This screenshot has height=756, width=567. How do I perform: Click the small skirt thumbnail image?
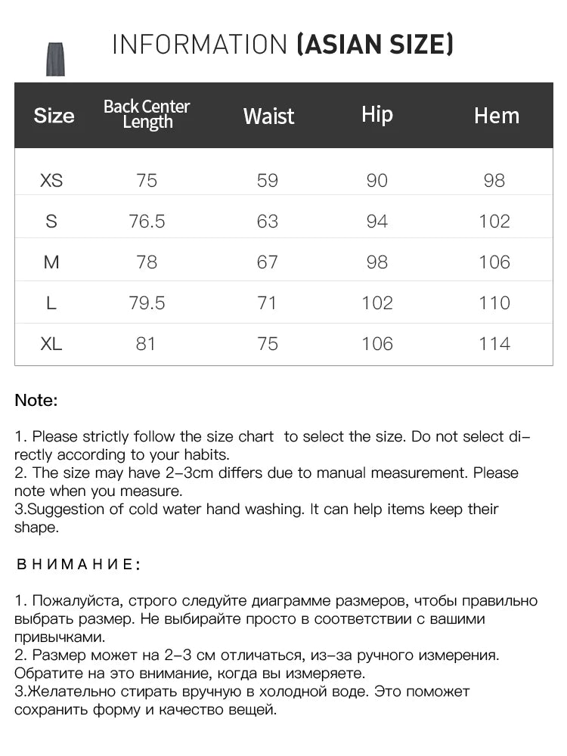(55, 59)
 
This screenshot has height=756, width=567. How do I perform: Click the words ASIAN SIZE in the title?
(375, 45)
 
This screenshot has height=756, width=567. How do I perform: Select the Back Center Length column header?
(147, 114)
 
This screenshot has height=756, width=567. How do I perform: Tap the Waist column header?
(268, 116)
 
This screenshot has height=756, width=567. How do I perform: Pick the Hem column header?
(497, 116)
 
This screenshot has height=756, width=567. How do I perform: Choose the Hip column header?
(376, 114)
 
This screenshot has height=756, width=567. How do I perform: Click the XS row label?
(51, 181)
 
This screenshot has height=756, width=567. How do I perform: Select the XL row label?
(51, 344)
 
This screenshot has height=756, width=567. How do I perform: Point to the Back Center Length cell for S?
(147, 222)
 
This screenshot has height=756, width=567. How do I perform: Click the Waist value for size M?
(268, 262)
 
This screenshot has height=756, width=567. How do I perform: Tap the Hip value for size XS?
(376, 181)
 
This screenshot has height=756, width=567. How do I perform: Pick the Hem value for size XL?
(494, 344)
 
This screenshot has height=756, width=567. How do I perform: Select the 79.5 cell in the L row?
(147, 303)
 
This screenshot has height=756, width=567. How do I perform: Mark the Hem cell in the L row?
(494, 303)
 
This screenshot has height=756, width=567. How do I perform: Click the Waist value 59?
(268, 181)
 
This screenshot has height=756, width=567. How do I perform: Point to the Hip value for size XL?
(376, 344)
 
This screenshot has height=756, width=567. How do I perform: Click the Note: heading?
(36, 401)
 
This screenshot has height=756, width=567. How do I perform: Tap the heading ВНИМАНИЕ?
(78, 564)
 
